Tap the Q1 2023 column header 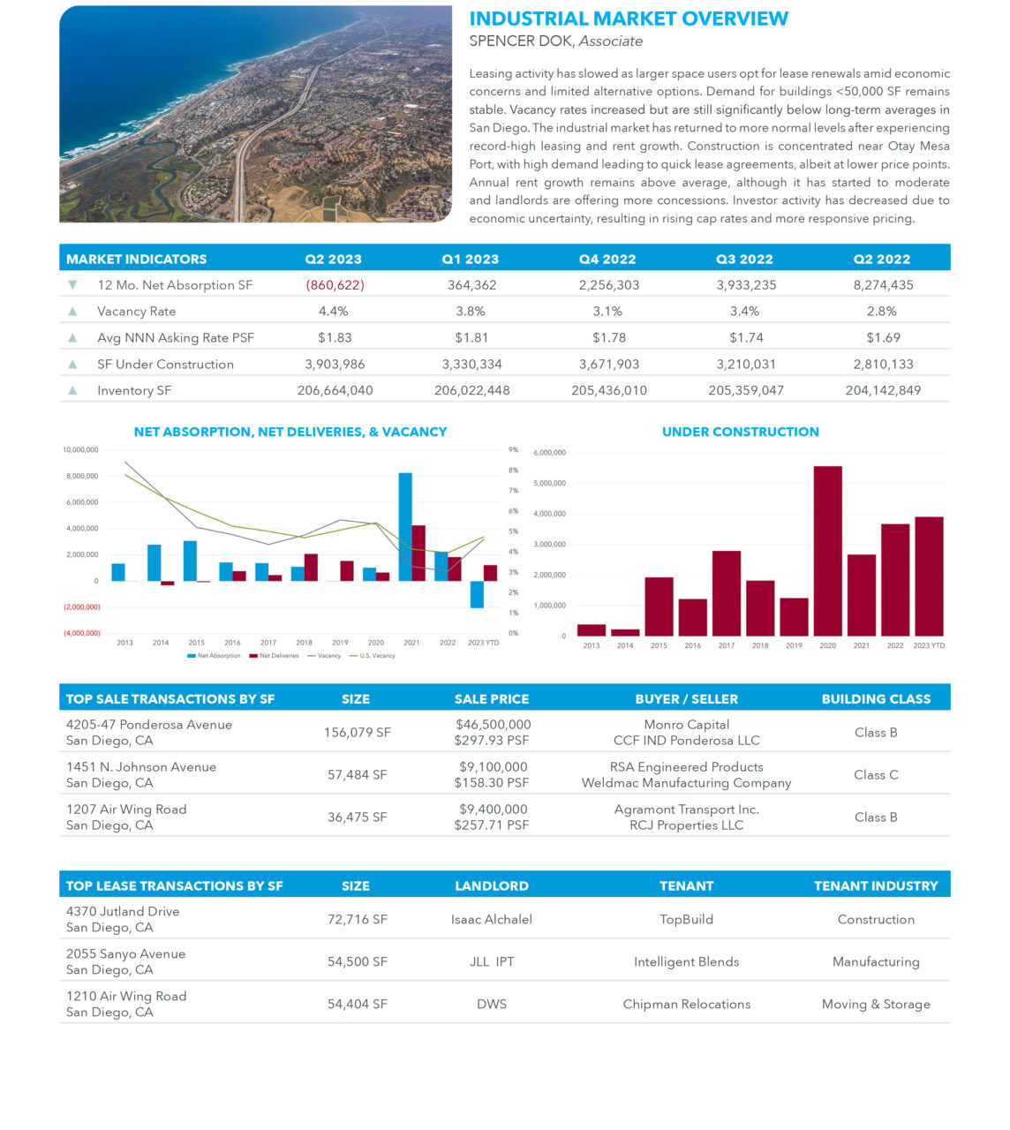click(470, 259)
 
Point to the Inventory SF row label click(134, 390)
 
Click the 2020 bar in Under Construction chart click(827, 551)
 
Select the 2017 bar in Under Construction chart click(726, 593)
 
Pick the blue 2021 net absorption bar click(405, 527)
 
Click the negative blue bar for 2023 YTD click(477, 594)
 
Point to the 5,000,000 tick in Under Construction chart click(550, 484)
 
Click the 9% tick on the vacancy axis click(513, 449)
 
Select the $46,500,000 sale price click(493, 725)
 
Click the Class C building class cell click(875, 775)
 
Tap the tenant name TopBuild click(686, 919)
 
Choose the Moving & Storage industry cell click(875, 1004)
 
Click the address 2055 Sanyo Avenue click(125, 954)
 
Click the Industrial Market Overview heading click(629, 19)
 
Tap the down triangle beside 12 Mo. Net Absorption click(72, 285)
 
